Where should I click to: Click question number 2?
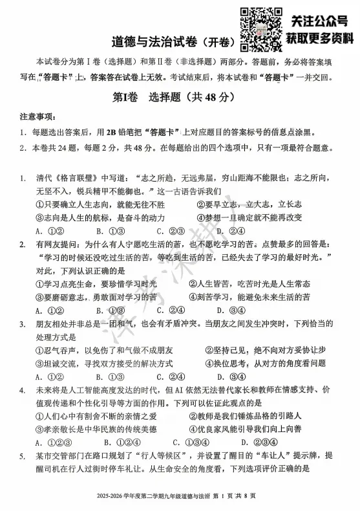[22, 245]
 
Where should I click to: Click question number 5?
[22, 457]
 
